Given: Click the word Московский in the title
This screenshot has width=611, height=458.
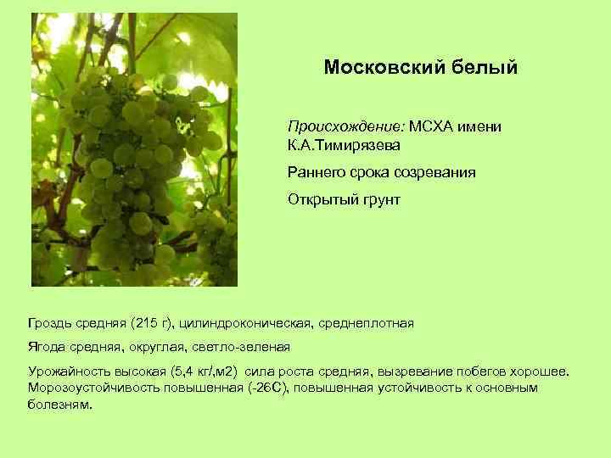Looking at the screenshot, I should point(377,67).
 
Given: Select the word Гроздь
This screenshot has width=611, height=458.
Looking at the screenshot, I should point(49,323).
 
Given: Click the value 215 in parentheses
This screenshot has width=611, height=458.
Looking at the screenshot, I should point(146,323).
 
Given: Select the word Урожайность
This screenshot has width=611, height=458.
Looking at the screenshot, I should point(68,372).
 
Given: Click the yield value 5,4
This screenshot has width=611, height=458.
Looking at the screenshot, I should point(183,372).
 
